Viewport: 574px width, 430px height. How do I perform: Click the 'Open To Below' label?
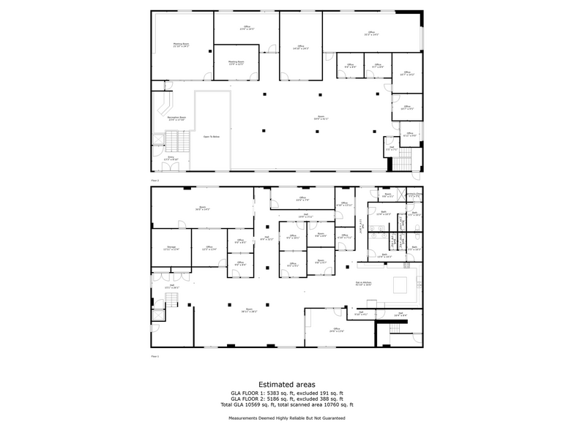[x=212, y=136]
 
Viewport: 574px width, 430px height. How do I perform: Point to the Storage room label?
[x=171, y=249]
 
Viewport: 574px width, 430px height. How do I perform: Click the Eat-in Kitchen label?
[x=363, y=284]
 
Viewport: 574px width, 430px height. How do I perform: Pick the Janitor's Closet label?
[x=414, y=195]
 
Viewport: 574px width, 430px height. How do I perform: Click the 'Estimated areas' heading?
[x=286, y=385]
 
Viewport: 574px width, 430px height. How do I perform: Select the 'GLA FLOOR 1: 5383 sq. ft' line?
[x=286, y=393]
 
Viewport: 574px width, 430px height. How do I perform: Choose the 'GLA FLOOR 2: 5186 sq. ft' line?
[x=286, y=399]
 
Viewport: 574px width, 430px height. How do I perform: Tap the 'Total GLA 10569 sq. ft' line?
[x=286, y=404]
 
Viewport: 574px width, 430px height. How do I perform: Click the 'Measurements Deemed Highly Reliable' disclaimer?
[x=286, y=418]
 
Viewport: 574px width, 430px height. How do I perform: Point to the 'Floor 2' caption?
[x=154, y=179]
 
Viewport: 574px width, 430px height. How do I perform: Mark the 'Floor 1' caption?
[x=154, y=357]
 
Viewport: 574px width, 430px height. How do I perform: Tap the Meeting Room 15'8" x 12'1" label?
[x=235, y=62]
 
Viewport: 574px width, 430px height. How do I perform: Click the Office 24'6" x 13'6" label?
[x=337, y=331]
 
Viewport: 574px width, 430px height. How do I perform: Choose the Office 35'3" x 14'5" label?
[x=371, y=34]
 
